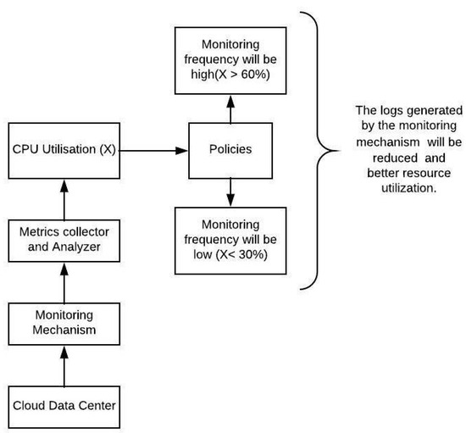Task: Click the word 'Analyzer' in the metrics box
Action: pyautogui.click(x=78, y=247)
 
